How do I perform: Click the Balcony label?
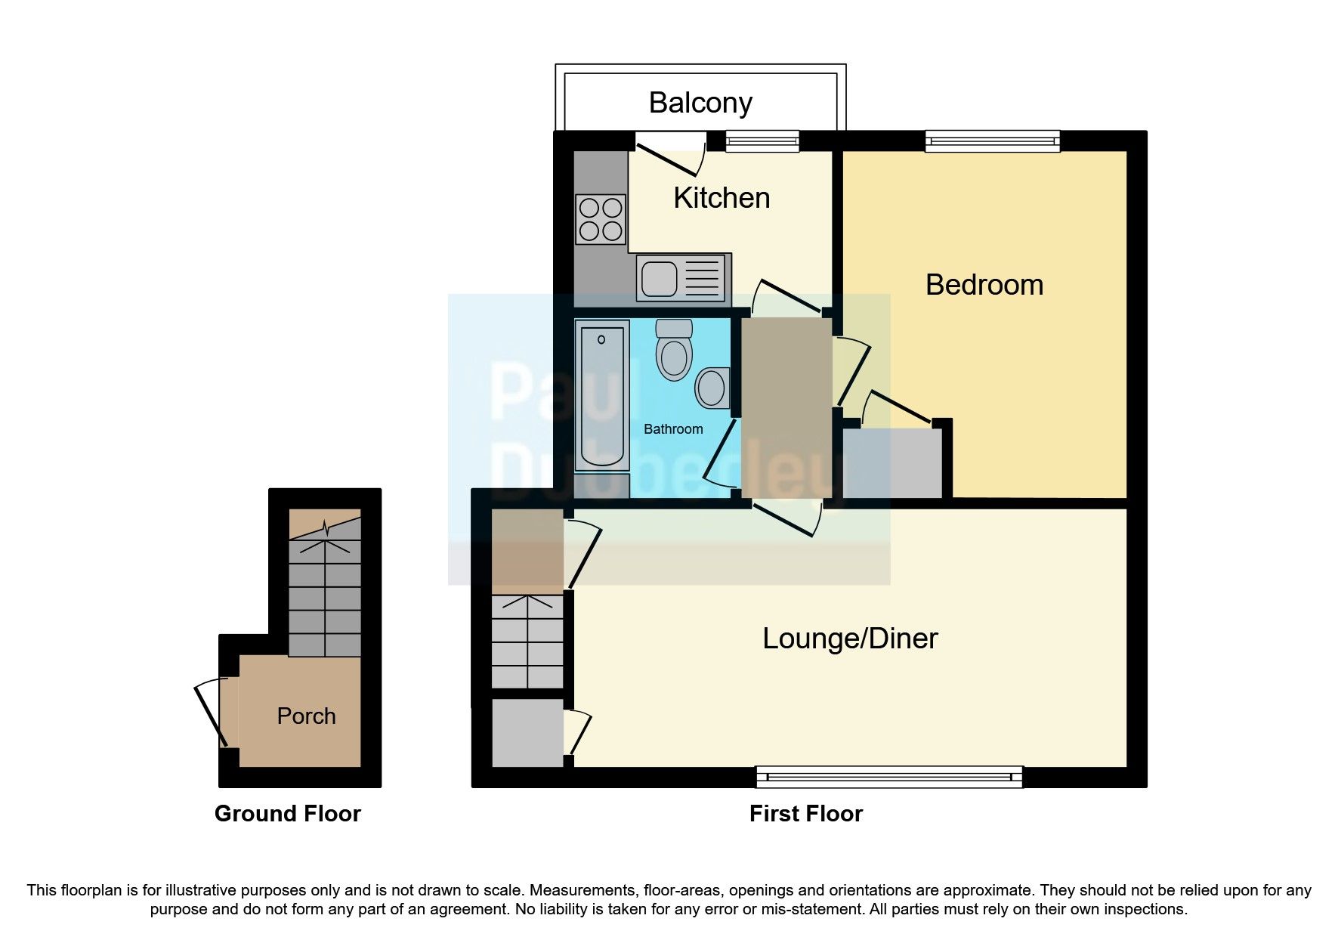(700, 103)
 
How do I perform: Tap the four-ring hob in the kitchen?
(601, 219)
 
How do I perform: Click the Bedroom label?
(984, 285)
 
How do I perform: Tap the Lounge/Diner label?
(849, 639)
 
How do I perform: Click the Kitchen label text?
(721, 198)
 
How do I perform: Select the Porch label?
(306, 716)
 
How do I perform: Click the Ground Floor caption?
(287, 814)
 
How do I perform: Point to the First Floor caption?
(805, 814)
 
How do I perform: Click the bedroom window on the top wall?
(993, 141)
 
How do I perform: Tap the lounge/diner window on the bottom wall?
(888, 777)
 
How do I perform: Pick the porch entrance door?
(212, 713)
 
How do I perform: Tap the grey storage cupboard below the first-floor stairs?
(527, 732)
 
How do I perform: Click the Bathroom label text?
(672, 429)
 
